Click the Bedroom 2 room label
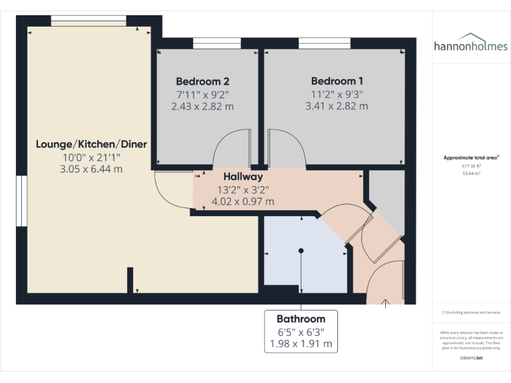pos(203,81)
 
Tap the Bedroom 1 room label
pos(337,81)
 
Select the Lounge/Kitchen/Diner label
pos(91,144)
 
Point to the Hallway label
pos(243,177)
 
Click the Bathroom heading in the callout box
pos(301,319)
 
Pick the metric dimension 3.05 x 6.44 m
pos(91,169)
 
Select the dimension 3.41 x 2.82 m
pos(337,106)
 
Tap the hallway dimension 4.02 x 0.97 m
pos(243,201)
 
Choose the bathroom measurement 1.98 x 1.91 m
pos(301,344)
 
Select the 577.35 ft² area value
pos(472,166)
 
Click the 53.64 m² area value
pos(472,173)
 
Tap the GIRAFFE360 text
pos(471,358)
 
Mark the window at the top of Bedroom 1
pos(325,44)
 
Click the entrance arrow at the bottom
pos(385,304)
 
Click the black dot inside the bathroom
pos(301,251)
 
